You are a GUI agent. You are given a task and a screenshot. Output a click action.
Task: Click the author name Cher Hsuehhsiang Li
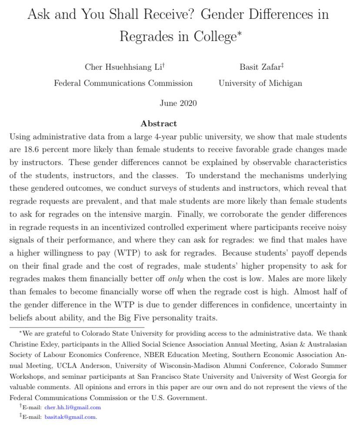tap(123, 67)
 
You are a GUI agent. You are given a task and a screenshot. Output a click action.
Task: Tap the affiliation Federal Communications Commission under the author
tap(123, 83)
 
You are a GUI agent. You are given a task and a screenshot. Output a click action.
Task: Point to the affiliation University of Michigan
tap(260, 83)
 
